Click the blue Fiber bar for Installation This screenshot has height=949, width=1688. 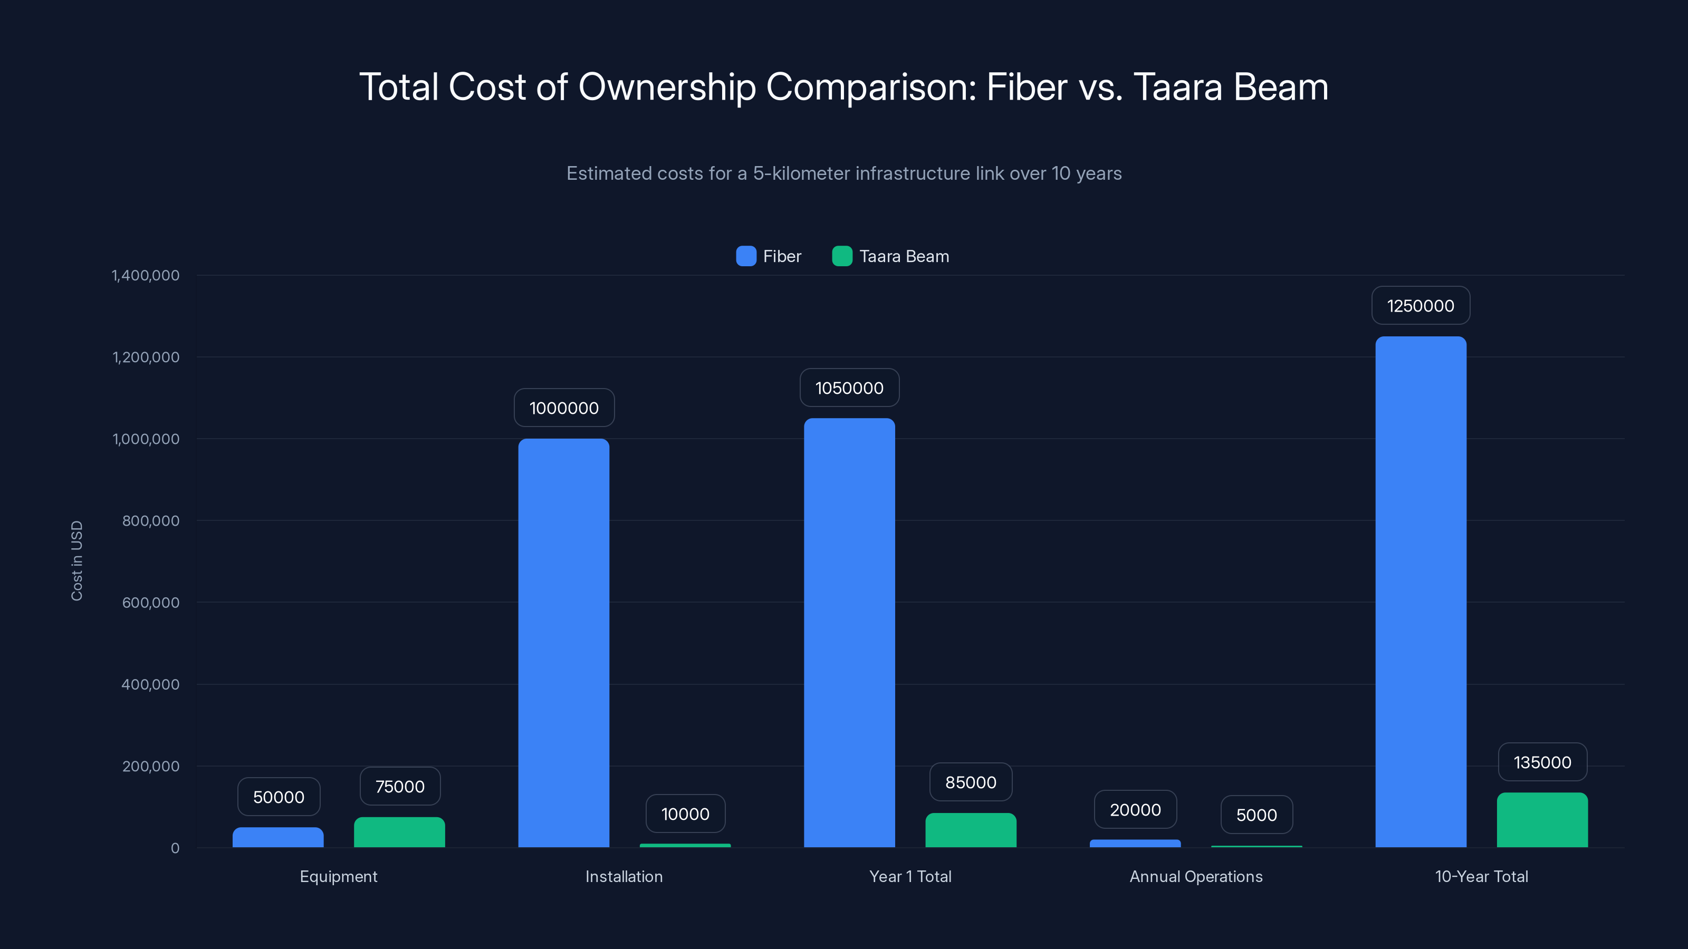563,642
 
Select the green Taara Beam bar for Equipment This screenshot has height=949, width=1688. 399,832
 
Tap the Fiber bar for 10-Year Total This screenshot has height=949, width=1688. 1421,589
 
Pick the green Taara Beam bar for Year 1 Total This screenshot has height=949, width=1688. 971,830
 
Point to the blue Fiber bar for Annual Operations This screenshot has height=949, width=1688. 1135,843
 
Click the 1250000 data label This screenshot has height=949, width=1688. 1421,306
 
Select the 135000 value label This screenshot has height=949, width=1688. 1542,762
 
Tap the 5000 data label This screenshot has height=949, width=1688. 1256,815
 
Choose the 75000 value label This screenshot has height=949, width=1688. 400,787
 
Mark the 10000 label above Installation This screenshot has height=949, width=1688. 685,814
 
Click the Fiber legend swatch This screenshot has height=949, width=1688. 746,256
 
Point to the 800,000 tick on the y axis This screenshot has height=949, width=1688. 151,521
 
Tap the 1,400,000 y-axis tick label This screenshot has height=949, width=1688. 146,275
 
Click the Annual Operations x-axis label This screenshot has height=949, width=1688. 1196,876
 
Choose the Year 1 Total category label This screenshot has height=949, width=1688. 910,876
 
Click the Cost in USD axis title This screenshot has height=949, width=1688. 76,560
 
